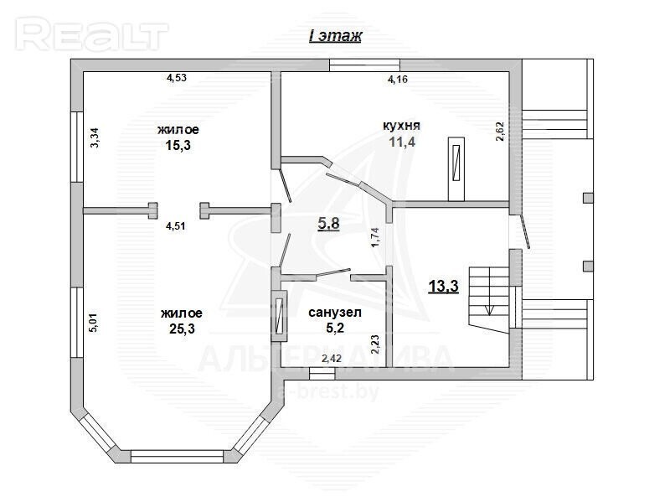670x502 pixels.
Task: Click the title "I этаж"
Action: click(336, 35)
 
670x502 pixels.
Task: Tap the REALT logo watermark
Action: click(92, 34)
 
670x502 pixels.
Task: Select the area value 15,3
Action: click(178, 145)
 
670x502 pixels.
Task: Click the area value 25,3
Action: click(182, 329)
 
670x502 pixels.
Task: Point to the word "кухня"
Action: click(401, 125)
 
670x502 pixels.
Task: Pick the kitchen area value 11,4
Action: click(402, 142)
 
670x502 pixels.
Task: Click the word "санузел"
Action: click(335, 313)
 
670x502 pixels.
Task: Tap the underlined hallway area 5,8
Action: click(329, 223)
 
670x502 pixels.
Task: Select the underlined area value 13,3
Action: click(444, 286)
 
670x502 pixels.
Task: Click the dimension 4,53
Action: click(177, 78)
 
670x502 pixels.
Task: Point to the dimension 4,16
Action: click(397, 79)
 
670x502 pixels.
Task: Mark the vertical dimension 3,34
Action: click(95, 138)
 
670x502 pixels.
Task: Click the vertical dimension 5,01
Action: click(94, 323)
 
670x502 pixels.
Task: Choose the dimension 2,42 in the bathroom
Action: click(332, 359)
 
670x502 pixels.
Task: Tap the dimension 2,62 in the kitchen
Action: click(500, 132)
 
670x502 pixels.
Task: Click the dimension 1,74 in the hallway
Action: click(375, 237)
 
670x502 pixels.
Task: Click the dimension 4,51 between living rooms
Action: click(176, 225)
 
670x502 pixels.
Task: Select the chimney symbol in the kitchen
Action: click(456, 169)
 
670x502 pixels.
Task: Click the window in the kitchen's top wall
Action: click(364, 65)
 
